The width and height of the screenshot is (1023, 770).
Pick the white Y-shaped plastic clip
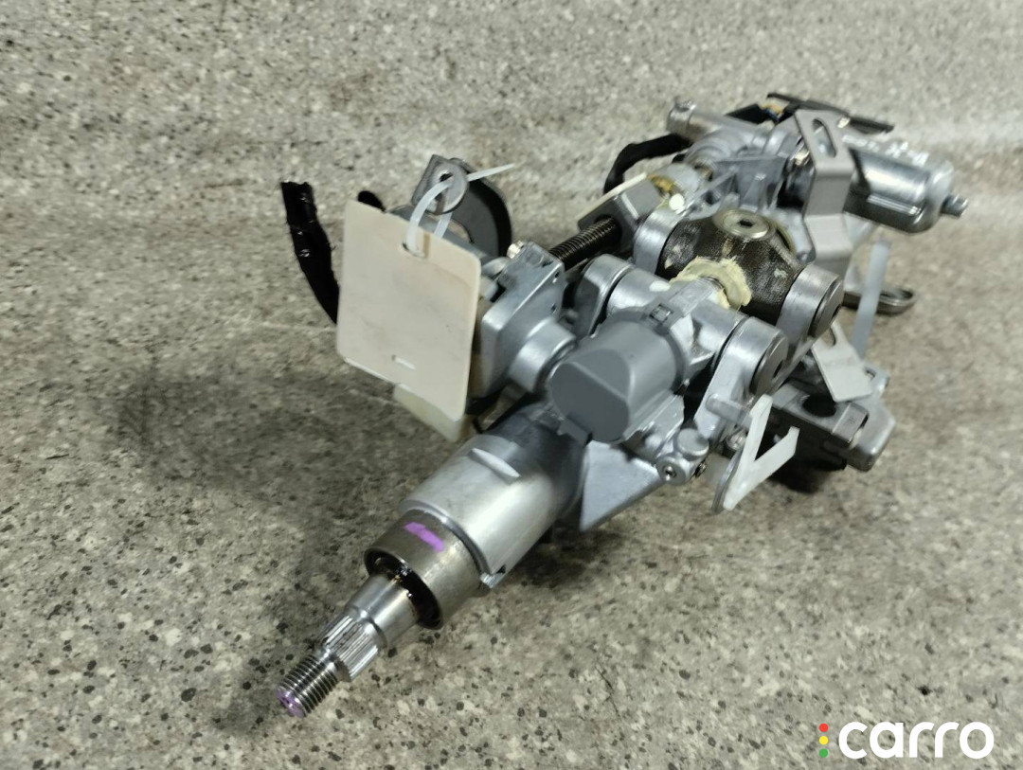(758, 457)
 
